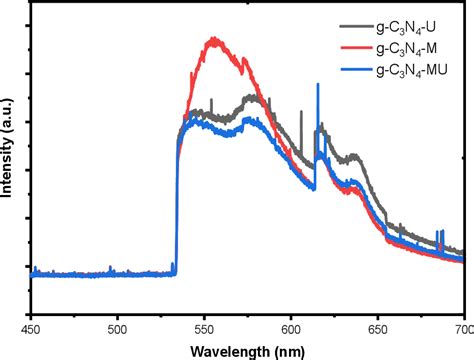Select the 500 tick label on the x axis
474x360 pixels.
pos(118,326)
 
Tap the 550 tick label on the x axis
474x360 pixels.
pos(205,326)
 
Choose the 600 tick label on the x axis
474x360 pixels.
pos(292,326)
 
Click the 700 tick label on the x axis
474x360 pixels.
pos(463,326)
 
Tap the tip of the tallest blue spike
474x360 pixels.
pos(318,85)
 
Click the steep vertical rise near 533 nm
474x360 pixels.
pos(177,200)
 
